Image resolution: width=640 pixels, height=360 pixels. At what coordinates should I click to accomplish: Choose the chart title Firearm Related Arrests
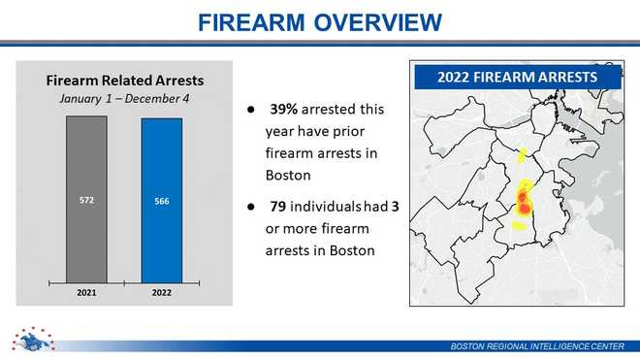pos(126,79)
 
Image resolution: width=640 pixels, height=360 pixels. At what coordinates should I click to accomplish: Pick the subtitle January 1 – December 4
pos(126,97)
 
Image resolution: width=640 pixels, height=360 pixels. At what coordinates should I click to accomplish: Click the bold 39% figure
pos(285,109)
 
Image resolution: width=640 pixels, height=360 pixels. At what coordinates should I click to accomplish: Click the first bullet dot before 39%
pos(250,109)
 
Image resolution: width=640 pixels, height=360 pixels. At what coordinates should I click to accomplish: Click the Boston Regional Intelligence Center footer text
pos(539,347)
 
